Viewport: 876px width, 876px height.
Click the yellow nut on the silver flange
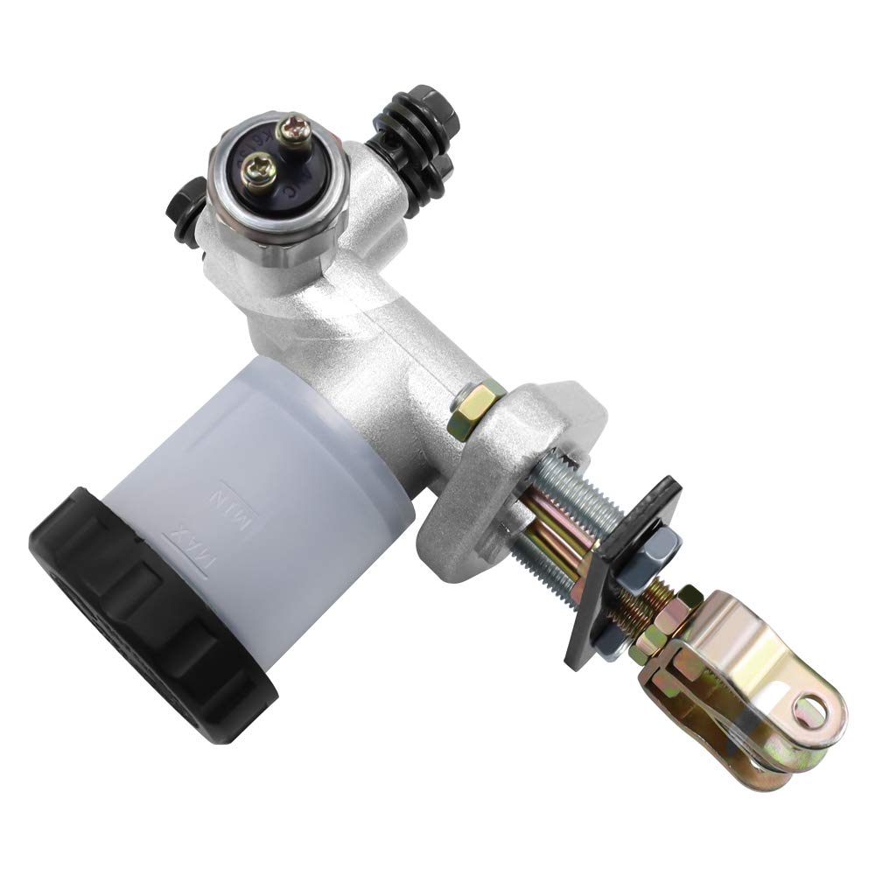pos(473,406)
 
